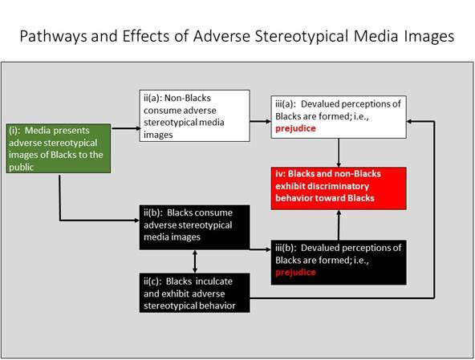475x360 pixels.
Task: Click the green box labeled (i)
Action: pos(59,148)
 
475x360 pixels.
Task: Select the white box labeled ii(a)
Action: pos(194,115)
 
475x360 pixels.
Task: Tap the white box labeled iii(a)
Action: pos(339,117)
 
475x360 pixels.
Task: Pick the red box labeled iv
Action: pos(339,188)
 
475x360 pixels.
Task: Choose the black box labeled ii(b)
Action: pos(194,228)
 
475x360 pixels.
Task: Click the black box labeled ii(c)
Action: pos(194,293)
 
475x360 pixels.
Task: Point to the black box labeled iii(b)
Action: pos(339,262)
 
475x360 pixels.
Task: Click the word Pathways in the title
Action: pos(54,36)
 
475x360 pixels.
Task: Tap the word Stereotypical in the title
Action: pos(302,36)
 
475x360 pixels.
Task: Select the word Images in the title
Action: pos(428,36)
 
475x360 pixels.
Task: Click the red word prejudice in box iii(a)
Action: pos(295,128)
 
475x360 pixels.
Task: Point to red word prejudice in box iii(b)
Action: pos(295,273)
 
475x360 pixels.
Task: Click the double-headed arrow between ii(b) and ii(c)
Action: pos(195,261)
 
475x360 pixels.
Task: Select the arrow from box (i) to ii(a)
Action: pos(125,128)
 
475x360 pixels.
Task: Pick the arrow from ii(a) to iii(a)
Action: pos(261,121)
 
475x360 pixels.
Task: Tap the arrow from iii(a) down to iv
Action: pos(339,152)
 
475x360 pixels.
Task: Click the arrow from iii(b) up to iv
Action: pos(339,224)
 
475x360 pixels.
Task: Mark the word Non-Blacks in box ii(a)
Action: pos(188,98)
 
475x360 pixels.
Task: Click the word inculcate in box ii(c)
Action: pos(214,281)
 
